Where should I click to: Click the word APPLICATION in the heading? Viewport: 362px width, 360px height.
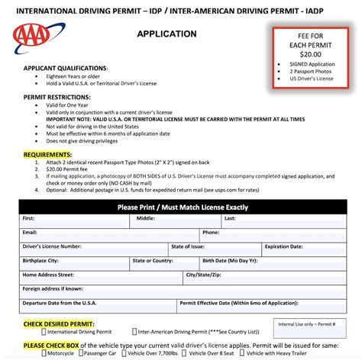point(166,34)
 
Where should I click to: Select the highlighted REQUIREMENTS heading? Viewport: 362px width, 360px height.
point(47,154)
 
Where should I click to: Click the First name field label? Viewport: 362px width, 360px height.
point(30,219)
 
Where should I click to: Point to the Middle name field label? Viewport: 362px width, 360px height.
point(146,219)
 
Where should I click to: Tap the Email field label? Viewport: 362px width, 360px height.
point(31,233)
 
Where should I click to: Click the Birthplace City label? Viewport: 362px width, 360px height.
point(45,260)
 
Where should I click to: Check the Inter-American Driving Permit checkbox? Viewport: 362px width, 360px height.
point(134,333)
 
